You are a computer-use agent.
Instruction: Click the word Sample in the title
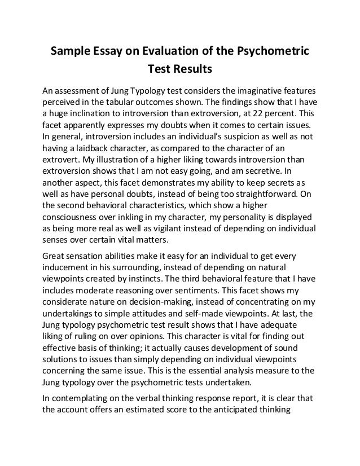point(70,52)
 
